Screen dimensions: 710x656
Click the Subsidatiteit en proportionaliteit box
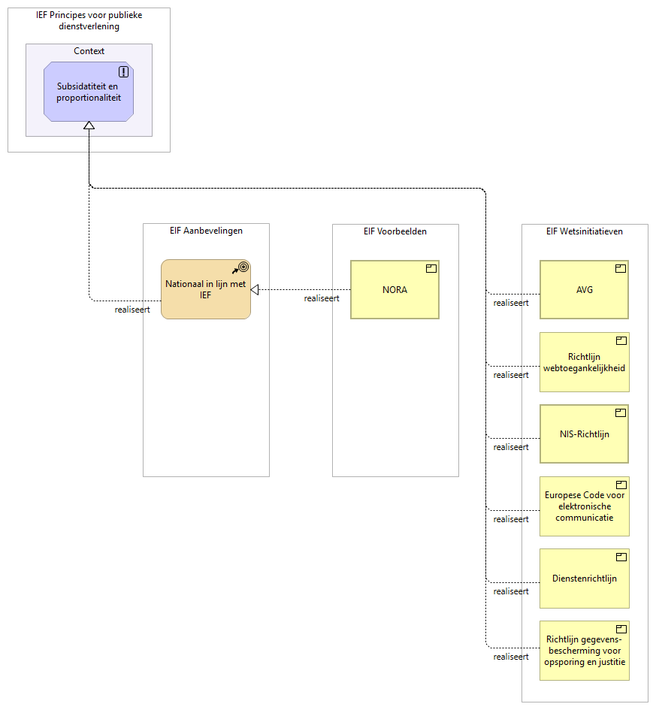pyautogui.click(x=89, y=92)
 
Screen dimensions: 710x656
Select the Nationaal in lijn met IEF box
pyautogui.click(x=205, y=289)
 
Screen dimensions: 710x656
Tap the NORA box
pyautogui.click(x=395, y=290)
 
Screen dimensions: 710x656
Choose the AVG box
pyautogui.click(x=584, y=290)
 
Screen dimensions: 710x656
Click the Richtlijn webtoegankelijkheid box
pyautogui.click(x=584, y=362)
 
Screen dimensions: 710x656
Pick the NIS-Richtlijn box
pyautogui.click(x=584, y=434)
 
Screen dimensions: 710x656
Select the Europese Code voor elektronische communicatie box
pyautogui.click(x=584, y=506)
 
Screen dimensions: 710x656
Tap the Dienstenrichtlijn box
pyautogui.click(x=584, y=579)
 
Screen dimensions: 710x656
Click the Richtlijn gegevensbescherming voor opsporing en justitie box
pyautogui.click(x=584, y=651)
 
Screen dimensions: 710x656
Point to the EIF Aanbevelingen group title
pyautogui.click(x=206, y=231)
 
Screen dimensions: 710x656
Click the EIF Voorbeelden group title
pyautogui.click(x=395, y=231)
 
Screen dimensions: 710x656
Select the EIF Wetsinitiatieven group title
pyautogui.click(x=584, y=231)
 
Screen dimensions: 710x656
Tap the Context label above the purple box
pyautogui.click(x=89, y=51)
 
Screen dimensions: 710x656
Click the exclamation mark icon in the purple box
pyautogui.click(x=124, y=72)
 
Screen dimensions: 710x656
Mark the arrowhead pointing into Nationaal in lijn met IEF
pyautogui.click(x=255, y=290)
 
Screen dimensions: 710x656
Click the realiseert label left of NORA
pyautogui.click(x=321, y=298)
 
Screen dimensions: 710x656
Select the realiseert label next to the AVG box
pyautogui.click(x=511, y=303)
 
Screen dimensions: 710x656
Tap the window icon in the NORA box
pyautogui.click(x=431, y=268)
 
